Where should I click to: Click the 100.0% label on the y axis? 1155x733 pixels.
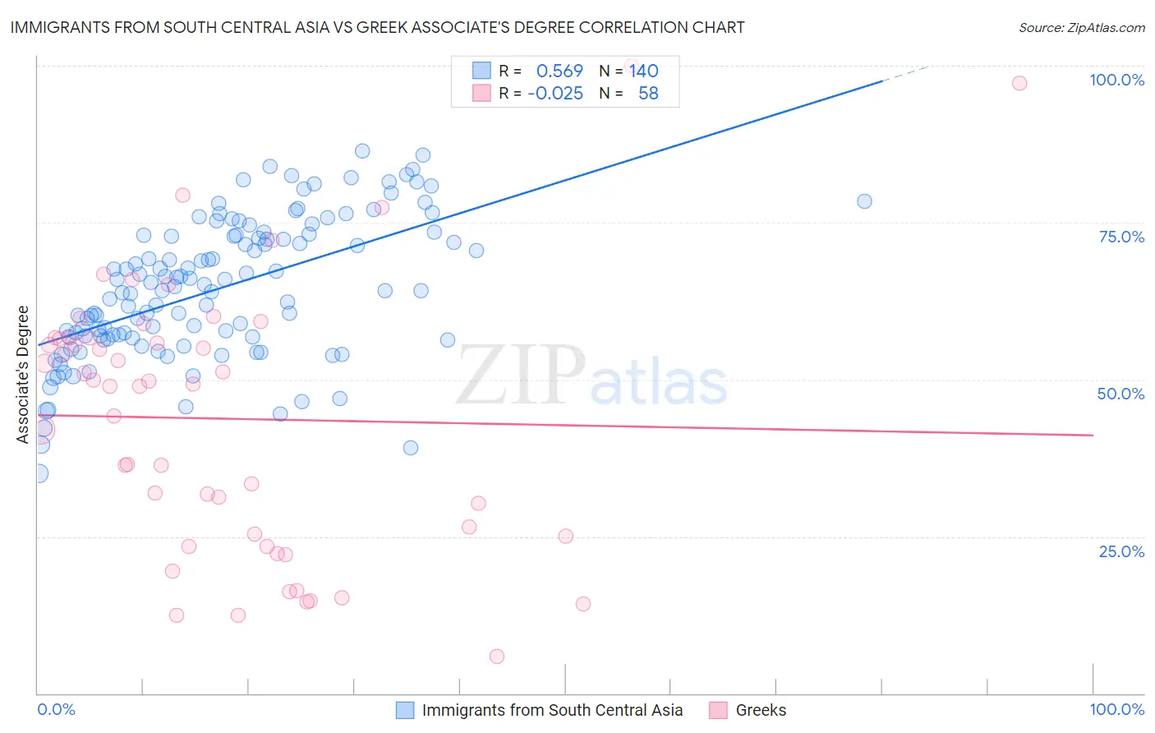coord(1116,80)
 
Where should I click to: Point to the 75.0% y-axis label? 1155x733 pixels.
coord(1121,237)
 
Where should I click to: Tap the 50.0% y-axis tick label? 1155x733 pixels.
coord(1120,394)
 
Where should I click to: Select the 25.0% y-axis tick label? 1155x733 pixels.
coord(1121,551)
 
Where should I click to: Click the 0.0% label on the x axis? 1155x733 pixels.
coord(56,709)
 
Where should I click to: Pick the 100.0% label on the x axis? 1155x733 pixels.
coord(1116,709)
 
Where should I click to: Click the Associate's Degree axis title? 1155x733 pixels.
coord(23,374)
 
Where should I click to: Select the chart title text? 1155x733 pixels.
coord(377,27)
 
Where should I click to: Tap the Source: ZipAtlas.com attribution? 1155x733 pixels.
coord(1081,27)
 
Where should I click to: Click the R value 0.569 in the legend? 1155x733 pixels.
coord(559,71)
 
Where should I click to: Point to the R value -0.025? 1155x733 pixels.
coord(555,94)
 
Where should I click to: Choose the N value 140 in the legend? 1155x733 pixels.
coord(644,71)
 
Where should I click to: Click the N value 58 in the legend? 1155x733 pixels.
coord(648,94)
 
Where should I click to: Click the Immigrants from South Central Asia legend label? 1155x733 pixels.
coord(552,710)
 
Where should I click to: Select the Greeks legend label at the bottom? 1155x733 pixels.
coord(761,710)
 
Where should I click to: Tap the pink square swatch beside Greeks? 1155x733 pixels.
coord(719,710)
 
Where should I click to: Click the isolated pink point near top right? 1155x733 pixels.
coord(1019,83)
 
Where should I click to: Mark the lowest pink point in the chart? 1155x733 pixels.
coord(497,656)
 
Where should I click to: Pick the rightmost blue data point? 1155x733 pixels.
coord(864,201)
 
